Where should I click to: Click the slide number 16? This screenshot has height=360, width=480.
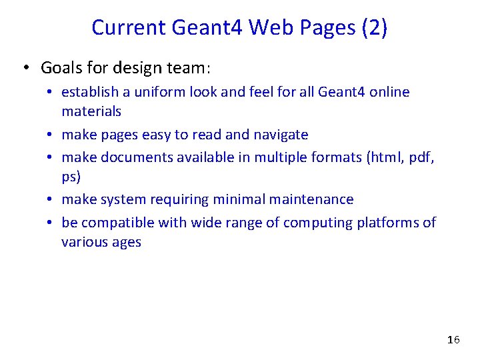(x=453, y=340)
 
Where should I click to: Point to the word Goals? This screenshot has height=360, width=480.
(x=61, y=68)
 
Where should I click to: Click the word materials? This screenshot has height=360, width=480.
(x=91, y=111)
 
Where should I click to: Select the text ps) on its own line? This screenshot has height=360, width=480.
(x=71, y=177)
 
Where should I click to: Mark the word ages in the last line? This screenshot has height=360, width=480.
(x=125, y=242)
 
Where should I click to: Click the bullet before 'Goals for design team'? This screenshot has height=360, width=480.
(x=25, y=69)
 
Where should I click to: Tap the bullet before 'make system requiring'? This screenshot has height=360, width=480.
(x=50, y=200)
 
